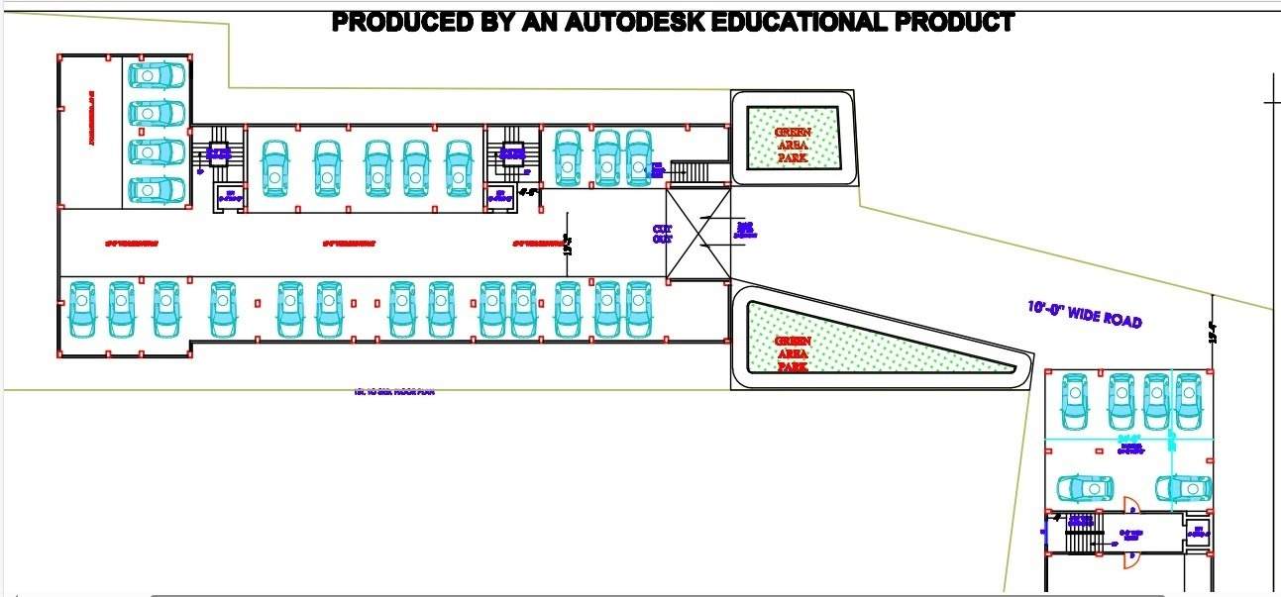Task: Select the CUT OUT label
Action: [663, 234]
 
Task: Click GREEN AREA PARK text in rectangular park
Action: [793, 145]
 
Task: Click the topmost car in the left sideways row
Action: [157, 75]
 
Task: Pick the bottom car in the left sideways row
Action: [157, 188]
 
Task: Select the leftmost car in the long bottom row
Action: [81, 309]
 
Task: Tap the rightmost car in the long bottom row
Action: [636, 309]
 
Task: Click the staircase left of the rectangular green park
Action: [692, 171]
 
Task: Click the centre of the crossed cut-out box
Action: [699, 234]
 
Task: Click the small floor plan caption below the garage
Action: [394, 392]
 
